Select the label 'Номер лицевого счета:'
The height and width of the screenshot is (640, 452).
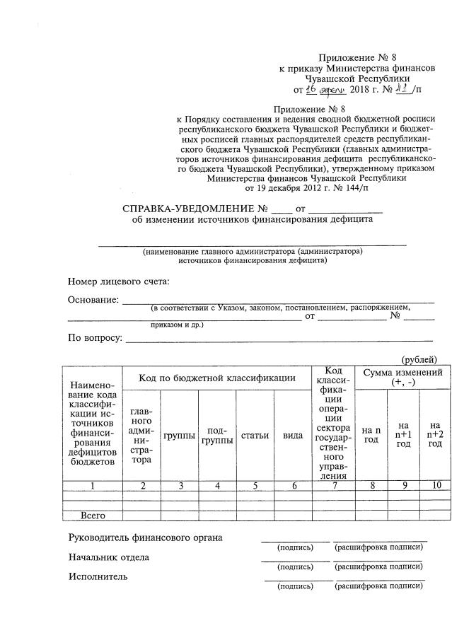pos(119,281)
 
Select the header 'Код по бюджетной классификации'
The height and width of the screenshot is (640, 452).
pos(217,378)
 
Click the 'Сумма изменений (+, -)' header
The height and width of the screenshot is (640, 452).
pos(402,377)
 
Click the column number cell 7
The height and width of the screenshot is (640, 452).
pos(333,485)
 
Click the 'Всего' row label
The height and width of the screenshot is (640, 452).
pos(92,516)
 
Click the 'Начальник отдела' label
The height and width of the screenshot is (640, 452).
pos(109,557)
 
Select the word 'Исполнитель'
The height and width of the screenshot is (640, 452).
pos(98,576)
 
